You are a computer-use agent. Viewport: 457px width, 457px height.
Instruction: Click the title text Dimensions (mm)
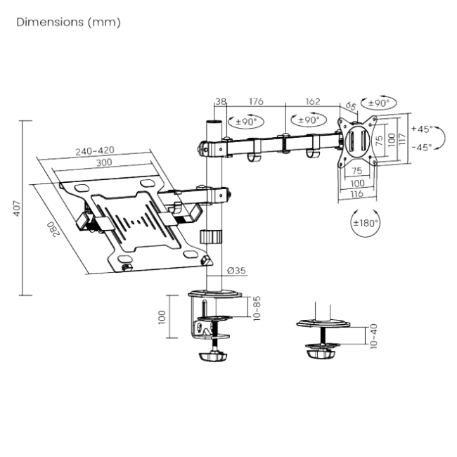pyautogui.click(x=68, y=23)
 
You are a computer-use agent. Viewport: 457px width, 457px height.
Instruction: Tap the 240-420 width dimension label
pyautogui.click(x=96, y=150)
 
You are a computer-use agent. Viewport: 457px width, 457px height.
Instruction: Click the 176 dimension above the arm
pyautogui.click(x=256, y=102)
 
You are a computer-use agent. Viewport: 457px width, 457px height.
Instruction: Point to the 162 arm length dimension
pyautogui.click(x=313, y=102)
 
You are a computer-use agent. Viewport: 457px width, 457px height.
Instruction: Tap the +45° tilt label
pyautogui.click(x=423, y=129)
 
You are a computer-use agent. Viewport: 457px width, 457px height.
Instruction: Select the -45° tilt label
pyautogui.click(x=423, y=148)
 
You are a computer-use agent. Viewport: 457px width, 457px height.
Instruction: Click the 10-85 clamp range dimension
pyautogui.click(x=257, y=308)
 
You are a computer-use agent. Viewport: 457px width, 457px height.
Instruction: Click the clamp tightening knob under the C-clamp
pyautogui.click(x=212, y=356)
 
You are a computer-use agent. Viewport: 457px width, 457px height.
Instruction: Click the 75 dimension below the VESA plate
pyautogui.click(x=357, y=171)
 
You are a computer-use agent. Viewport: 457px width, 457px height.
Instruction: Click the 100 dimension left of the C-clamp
pyautogui.click(x=161, y=318)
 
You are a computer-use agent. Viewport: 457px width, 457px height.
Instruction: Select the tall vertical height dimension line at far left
pyautogui.click(x=22, y=208)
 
